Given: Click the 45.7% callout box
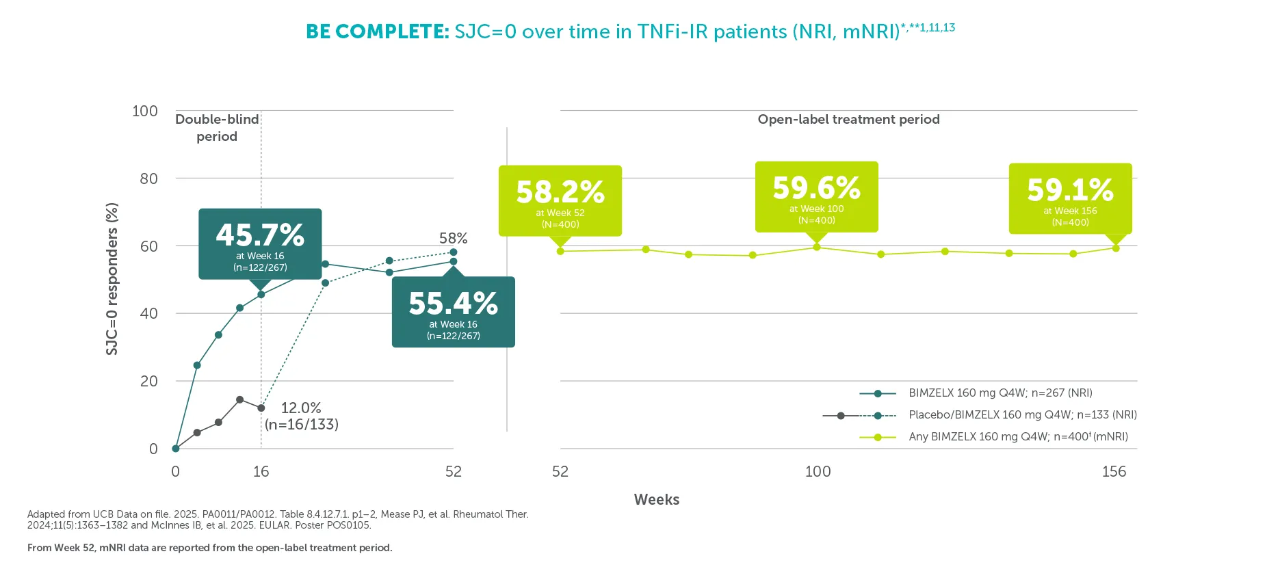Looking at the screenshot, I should [260, 243].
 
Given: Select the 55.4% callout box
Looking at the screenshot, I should [453, 312].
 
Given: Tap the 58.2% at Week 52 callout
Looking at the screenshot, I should [560, 200].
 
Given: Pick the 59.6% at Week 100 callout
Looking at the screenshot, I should [816, 196].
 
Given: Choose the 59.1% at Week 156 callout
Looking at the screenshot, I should [1070, 198].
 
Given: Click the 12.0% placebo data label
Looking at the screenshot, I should [301, 416].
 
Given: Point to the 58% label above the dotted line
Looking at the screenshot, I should [453, 238].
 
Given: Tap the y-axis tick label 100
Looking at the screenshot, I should [144, 111].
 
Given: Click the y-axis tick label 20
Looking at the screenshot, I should [148, 381].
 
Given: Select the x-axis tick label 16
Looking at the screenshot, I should [261, 471].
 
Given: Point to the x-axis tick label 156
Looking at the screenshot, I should [1114, 471].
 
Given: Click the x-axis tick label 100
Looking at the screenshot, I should [818, 471].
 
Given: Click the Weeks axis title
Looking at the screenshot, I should [656, 499].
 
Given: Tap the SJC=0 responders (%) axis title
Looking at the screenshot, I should [112, 279].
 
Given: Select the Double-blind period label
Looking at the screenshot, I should [217, 127].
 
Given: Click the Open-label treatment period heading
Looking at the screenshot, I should [848, 119].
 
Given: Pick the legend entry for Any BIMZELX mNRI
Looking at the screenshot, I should [1018, 436].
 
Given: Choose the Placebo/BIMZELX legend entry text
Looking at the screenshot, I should [1022, 414].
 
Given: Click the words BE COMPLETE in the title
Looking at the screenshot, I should [377, 31].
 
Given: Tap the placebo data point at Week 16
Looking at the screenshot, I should [261, 408].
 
